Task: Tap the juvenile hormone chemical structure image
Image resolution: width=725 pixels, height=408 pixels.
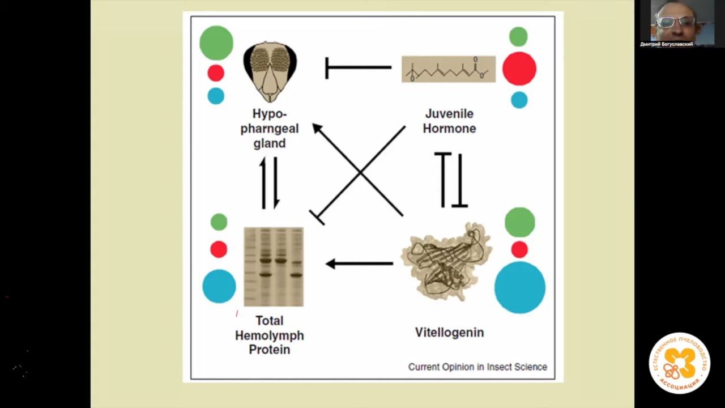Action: tap(449, 69)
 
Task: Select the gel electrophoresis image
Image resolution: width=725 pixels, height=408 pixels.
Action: tap(274, 266)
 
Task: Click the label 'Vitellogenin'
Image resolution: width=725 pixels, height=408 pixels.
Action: tap(449, 332)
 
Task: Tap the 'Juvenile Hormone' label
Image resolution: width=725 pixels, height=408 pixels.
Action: tap(449, 121)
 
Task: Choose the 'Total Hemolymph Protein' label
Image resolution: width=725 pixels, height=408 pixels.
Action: tap(270, 335)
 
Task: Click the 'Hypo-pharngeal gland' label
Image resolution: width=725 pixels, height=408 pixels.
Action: tap(270, 129)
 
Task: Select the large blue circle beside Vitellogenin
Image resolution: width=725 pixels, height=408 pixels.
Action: tap(519, 287)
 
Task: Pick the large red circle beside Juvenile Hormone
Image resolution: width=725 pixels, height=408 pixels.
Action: tap(519, 69)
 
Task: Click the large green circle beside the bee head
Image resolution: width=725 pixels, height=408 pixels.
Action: tap(216, 42)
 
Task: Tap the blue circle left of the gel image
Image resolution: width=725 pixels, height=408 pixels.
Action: tap(219, 286)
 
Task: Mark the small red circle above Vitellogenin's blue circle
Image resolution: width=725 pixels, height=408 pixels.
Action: tap(519, 249)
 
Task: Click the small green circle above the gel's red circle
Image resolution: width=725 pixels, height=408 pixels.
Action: tap(219, 222)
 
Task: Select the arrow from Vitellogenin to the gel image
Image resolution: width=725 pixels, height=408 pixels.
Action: tap(359, 263)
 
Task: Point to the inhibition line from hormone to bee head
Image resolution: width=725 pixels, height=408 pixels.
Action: tap(358, 67)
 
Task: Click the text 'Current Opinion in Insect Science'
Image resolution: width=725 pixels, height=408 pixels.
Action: tap(477, 367)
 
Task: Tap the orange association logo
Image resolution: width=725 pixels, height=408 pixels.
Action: tap(679, 363)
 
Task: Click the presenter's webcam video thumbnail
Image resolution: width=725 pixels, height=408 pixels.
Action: tap(674, 24)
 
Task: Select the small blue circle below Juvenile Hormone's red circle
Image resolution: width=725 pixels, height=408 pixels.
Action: tap(519, 100)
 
